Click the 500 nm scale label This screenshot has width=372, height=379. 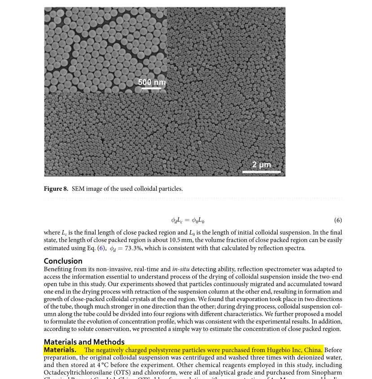[x=152, y=82]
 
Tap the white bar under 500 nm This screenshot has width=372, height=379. [x=151, y=88]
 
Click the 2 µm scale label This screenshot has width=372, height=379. [x=261, y=165]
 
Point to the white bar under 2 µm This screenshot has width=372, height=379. [x=261, y=171]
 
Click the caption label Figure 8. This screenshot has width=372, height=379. [x=56, y=189]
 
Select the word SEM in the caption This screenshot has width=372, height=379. [x=78, y=189]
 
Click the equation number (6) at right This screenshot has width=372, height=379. [x=338, y=220]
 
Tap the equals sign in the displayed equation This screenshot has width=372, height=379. [x=187, y=220]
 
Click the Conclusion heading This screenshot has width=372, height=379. [x=63, y=261]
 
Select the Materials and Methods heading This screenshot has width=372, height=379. [x=84, y=342]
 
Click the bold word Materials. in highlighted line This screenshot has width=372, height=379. [x=60, y=350]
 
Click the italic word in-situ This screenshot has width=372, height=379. [x=181, y=269]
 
